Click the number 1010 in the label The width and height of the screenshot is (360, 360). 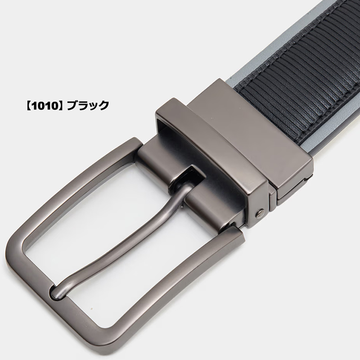click(44, 105)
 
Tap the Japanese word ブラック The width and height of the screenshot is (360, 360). click(87, 105)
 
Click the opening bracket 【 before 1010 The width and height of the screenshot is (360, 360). click(27, 105)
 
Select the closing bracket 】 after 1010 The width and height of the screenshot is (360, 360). click(61, 105)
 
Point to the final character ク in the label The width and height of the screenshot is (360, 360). click(103, 105)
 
